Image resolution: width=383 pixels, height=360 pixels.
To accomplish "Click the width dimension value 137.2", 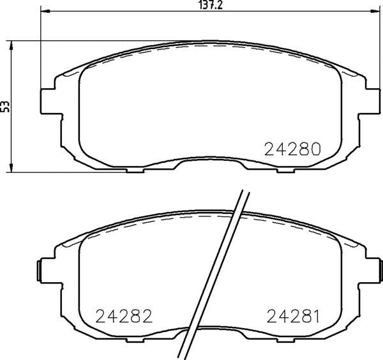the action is point(211,5).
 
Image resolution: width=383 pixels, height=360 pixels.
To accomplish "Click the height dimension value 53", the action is point(5,106).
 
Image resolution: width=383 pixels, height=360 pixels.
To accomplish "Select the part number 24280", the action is point(292,149).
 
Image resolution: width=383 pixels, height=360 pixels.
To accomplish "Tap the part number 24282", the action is point(124,316).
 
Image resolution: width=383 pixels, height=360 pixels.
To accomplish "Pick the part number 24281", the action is point(293,316).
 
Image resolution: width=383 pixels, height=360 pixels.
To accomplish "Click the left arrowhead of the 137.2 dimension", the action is point(45,11).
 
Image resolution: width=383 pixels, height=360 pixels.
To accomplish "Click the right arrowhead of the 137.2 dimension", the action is point(375,11).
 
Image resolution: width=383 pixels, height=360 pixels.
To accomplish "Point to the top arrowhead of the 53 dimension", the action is point(11,46).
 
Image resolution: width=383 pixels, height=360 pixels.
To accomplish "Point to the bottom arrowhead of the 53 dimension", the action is point(11,167).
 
